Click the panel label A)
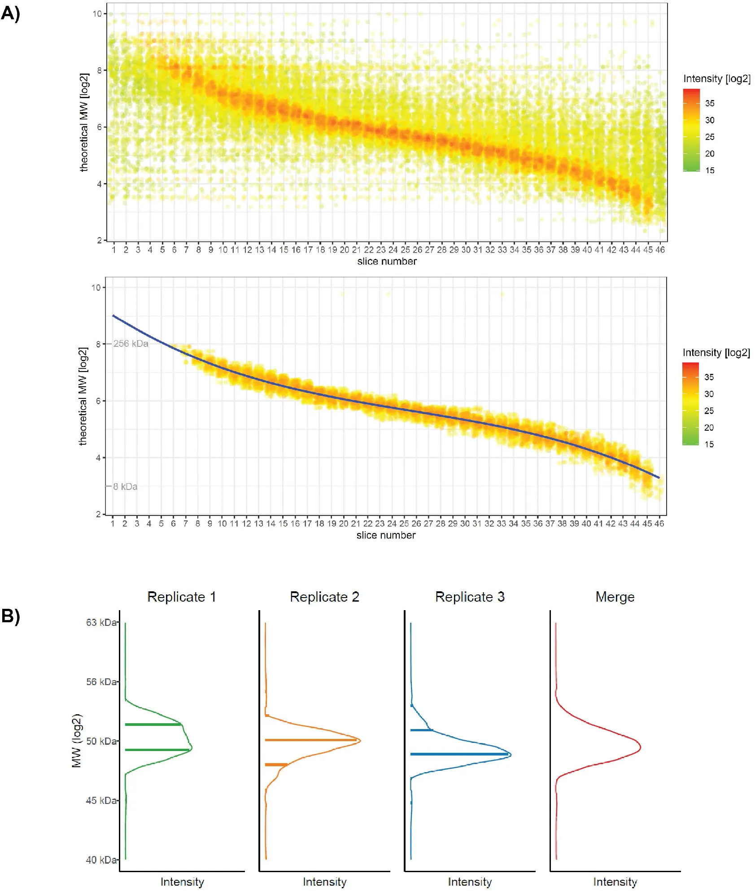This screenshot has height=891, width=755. point(11,13)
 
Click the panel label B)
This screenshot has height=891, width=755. point(11,616)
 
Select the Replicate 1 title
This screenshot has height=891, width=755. point(182,597)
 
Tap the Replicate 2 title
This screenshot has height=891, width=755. point(324,597)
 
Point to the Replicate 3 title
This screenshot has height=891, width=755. point(470,597)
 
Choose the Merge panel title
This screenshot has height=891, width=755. point(615,597)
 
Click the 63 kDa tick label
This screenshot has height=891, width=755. point(101,622)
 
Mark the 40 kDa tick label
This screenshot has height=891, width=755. point(101,860)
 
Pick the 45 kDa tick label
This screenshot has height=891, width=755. point(101,800)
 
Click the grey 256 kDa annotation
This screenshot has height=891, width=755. point(131,344)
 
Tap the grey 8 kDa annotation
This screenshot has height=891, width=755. point(125,486)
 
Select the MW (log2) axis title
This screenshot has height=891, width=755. point(77,740)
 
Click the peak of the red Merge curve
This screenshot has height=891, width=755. point(640,747)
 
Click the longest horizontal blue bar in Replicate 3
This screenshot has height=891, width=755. point(460,754)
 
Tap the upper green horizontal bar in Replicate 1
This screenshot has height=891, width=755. point(153,724)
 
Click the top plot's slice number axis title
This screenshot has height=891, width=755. point(387,261)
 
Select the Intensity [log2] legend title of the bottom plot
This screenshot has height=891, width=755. point(716,353)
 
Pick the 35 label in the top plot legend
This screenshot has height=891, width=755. point(710,103)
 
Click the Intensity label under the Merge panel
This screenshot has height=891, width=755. point(615,882)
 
